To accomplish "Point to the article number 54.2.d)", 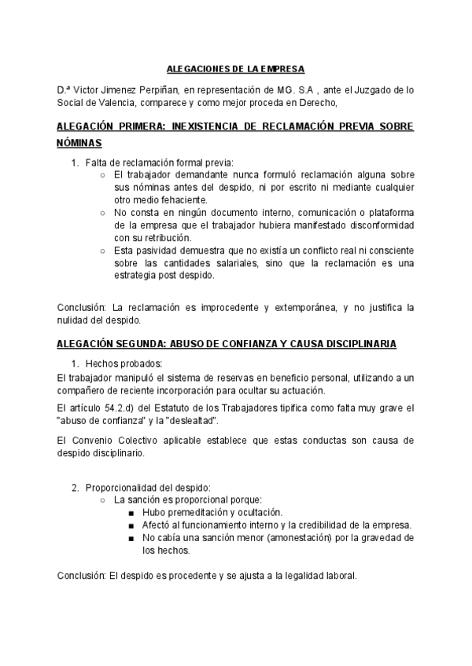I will [x=122, y=408].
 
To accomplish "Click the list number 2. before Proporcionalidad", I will [x=76, y=488].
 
